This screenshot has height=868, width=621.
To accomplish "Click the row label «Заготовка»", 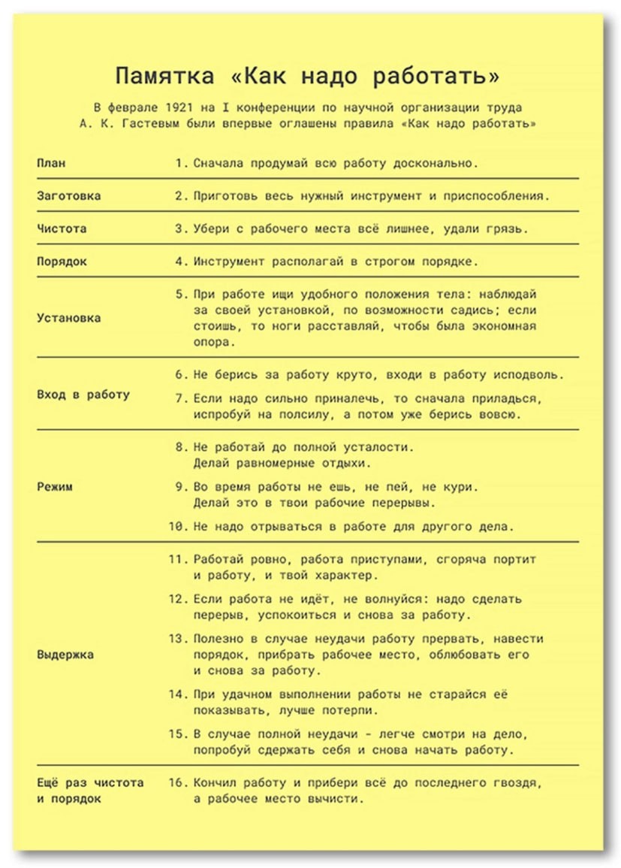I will tap(69, 196).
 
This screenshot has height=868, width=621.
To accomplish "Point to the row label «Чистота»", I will tap(62, 228).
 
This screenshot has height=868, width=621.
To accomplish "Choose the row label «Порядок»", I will tap(62, 262).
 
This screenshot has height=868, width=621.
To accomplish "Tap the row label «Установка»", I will tap(69, 317).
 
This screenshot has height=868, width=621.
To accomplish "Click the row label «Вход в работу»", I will tap(83, 394).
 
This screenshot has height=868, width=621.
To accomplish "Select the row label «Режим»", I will tap(55, 486).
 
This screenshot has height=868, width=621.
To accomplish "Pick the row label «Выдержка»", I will tap(65, 654).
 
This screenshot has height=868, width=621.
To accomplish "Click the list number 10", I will tap(176, 526).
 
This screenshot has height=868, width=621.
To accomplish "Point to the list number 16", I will tap(176, 782).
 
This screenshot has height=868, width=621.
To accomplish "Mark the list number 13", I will tap(176, 638).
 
